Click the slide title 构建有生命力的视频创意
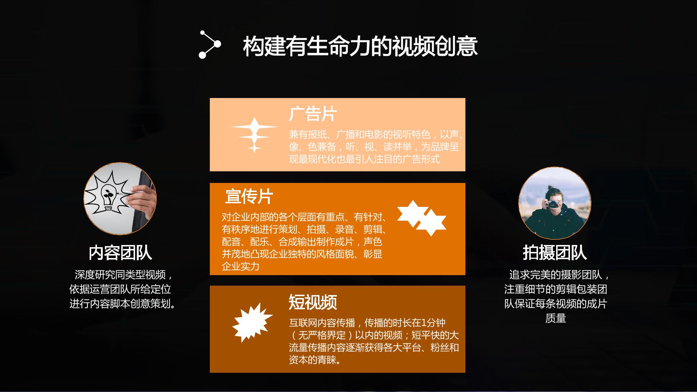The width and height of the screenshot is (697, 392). tap(360, 46)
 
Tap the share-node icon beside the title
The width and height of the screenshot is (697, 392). tap(210, 44)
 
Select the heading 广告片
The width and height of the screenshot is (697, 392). tap(313, 114)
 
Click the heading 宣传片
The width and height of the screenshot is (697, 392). tap(249, 196)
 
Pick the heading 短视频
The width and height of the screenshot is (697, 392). tap(313, 302)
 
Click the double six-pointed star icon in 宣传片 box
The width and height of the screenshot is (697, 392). tap(421, 218)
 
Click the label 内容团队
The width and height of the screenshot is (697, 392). tap(120, 253)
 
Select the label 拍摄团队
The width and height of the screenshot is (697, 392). tap(555, 253)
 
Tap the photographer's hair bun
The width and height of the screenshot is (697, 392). tap(550, 189)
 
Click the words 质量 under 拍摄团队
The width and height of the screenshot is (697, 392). tap(555, 318)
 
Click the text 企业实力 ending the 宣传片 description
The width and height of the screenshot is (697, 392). tap(241, 266)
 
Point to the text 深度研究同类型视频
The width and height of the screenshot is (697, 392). tap(120, 275)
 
